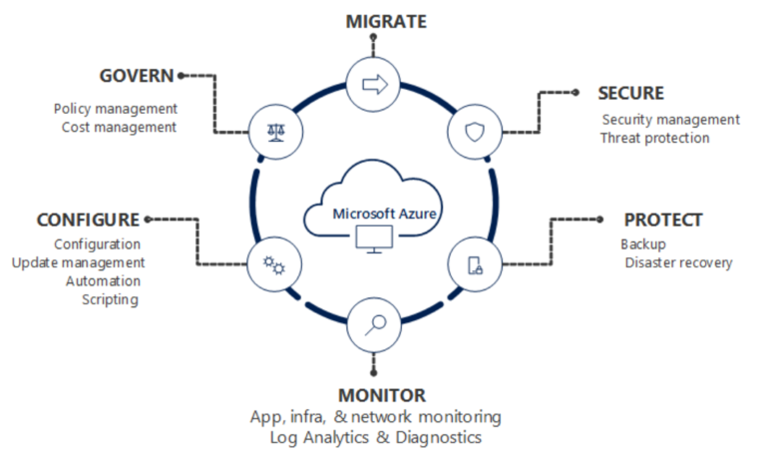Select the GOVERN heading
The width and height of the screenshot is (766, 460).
tap(138, 76)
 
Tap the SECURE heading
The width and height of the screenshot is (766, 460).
tap(630, 93)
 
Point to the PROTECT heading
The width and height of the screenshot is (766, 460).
tap(663, 220)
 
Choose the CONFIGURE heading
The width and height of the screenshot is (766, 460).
tap(89, 220)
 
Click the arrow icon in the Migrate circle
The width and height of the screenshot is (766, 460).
tap(374, 85)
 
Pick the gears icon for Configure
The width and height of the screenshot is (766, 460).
tap(271, 264)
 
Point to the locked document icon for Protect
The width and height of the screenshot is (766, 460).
tap(475, 264)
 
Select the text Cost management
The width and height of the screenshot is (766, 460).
tap(119, 127)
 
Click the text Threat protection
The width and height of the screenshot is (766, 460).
tap(654, 138)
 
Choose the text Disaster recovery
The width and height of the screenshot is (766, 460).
tap(678, 262)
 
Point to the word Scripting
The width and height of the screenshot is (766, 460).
tap(110, 298)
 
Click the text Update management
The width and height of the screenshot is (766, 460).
tap(79, 262)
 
